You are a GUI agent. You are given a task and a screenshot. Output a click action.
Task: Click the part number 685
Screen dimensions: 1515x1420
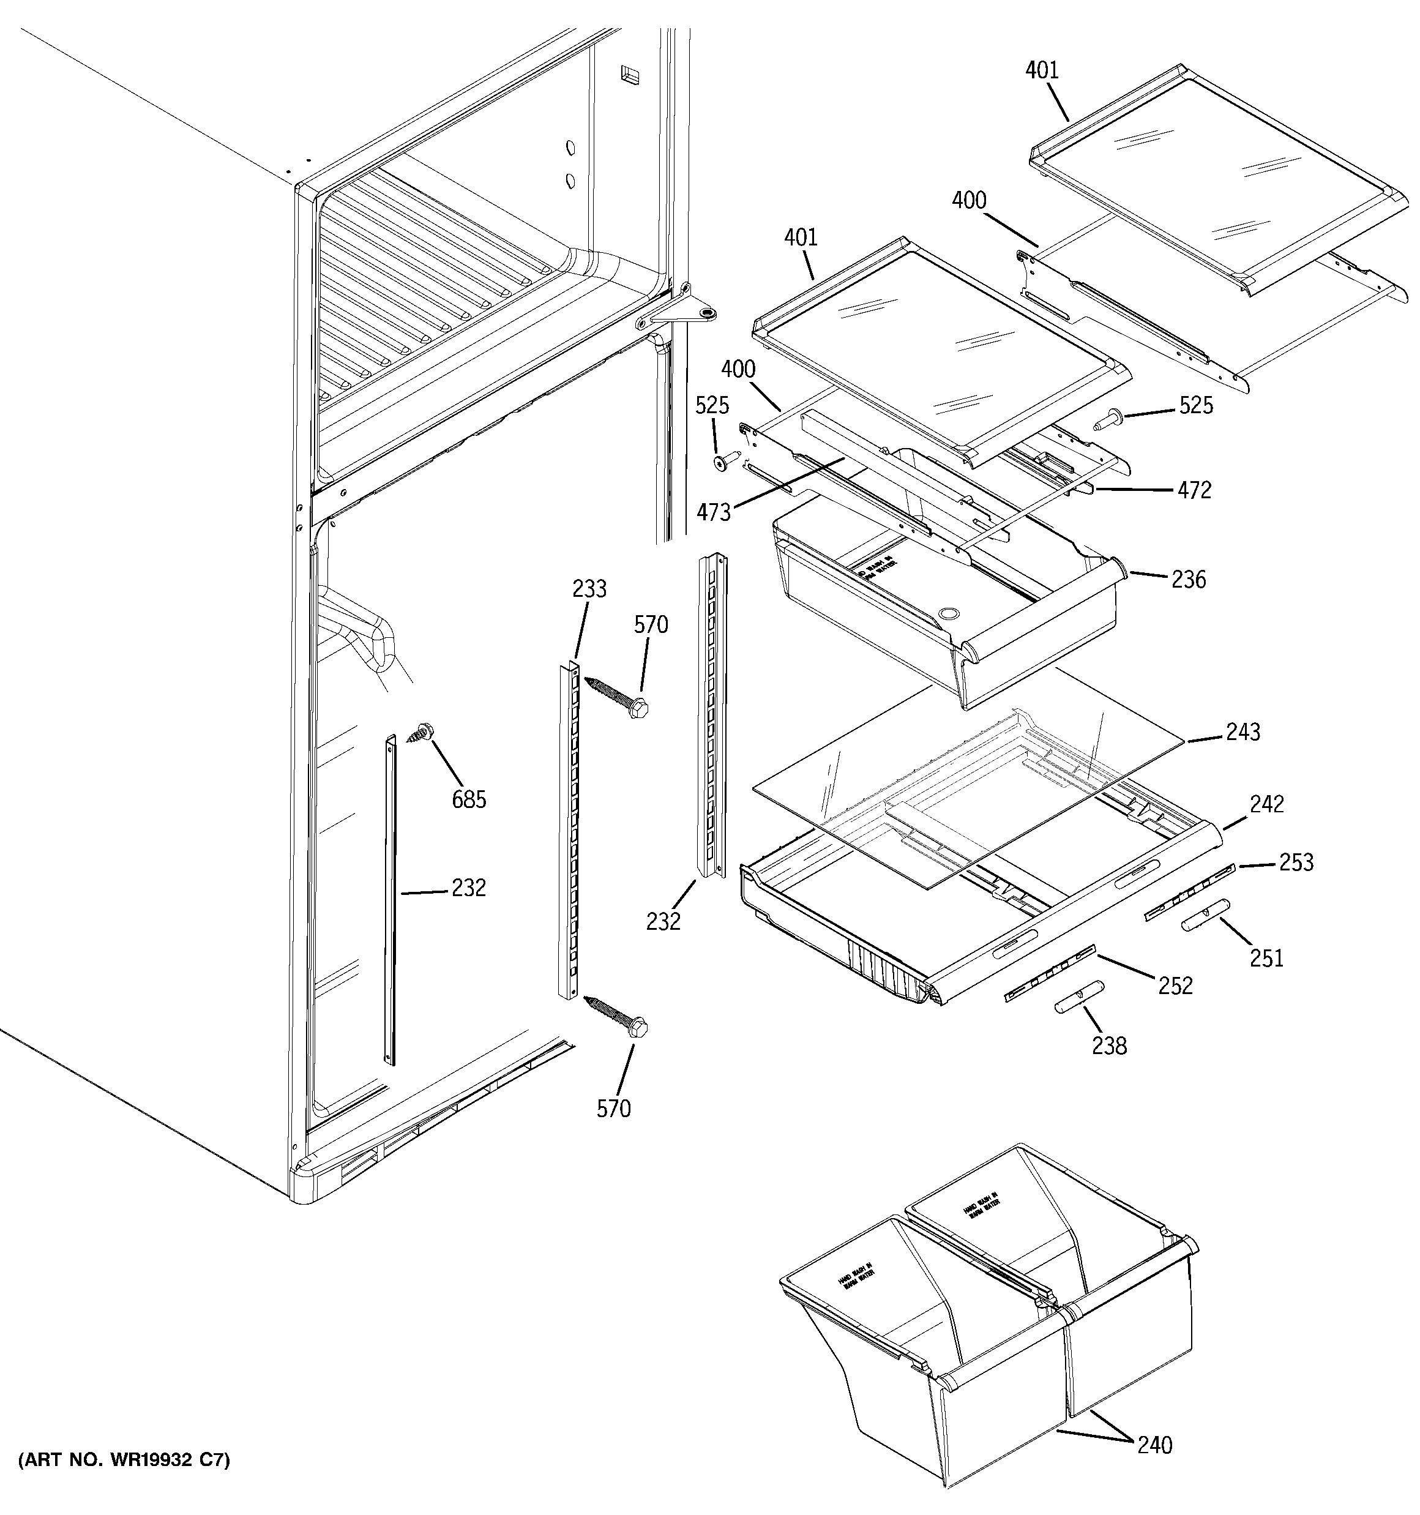(x=468, y=799)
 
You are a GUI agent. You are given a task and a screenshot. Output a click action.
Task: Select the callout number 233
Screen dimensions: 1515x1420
(x=589, y=588)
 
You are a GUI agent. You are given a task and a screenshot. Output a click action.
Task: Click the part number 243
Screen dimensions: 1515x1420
(x=1242, y=732)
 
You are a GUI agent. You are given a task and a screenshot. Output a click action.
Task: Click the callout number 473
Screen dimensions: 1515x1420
(x=714, y=513)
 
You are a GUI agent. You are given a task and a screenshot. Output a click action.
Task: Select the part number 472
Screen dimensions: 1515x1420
(x=1194, y=490)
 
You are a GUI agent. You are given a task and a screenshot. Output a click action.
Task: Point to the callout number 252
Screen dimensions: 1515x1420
(x=1175, y=986)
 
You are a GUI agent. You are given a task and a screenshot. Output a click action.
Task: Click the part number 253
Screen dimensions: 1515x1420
(x=1296, y=862)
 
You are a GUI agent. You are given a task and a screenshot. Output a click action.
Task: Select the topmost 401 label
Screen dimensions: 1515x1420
(x=1041, y=71)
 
